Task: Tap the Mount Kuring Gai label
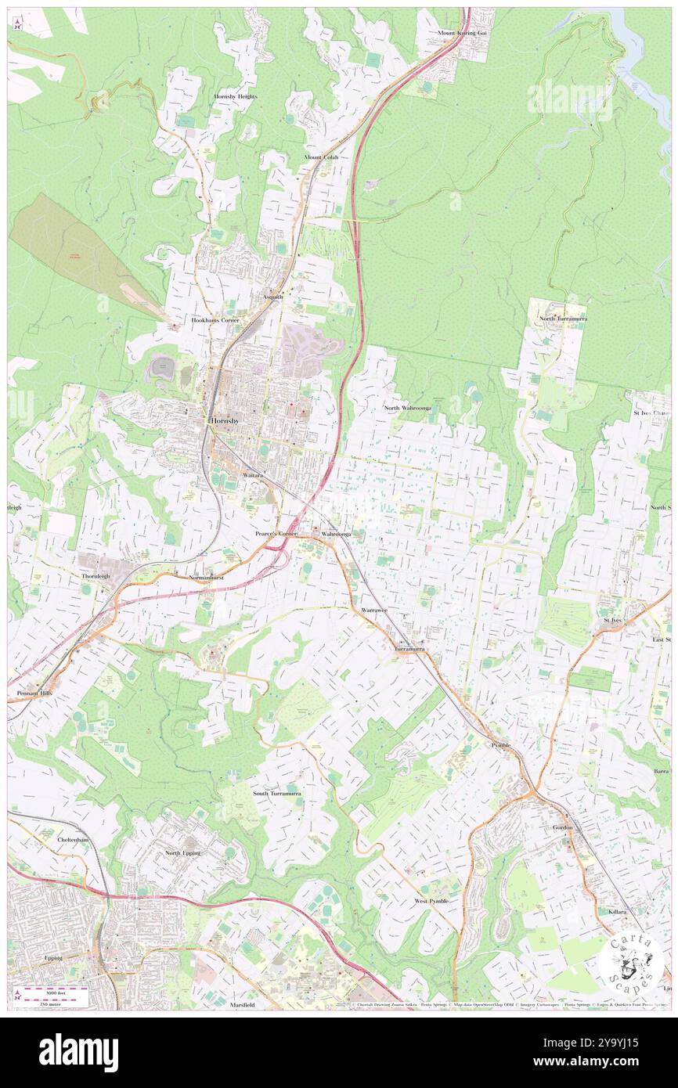coord(462,34)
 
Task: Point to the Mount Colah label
coord(322,157)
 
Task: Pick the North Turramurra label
coord(562,319)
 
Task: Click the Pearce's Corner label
coord(276,533)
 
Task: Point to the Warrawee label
coord(374,610)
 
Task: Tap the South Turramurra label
coord(276,793)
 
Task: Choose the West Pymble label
coord(431,901)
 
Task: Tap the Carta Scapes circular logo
coord(631,965)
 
